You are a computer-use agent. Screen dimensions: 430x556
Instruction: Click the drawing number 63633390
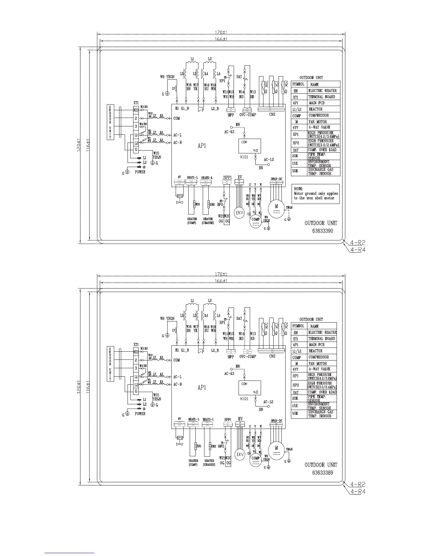coord(322,231)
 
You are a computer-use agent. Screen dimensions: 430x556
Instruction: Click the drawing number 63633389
coord(322,472)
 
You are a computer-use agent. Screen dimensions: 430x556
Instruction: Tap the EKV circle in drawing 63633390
coord(239,214)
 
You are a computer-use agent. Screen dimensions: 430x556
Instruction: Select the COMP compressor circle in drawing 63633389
coord(255,459)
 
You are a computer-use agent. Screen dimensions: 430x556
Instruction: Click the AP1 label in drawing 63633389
coord(202,388)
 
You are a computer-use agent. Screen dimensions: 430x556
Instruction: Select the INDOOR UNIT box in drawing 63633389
coord(110,364)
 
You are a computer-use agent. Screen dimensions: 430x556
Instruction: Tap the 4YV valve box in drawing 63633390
coord(180,196)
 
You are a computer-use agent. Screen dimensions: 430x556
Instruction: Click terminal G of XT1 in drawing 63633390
coord(136,150)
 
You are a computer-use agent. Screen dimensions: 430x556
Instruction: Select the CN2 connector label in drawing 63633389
coord(272,356)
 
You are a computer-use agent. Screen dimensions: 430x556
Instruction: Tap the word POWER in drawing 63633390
coord(140,172)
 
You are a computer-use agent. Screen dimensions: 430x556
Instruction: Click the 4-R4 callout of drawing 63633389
coord(358,491)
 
